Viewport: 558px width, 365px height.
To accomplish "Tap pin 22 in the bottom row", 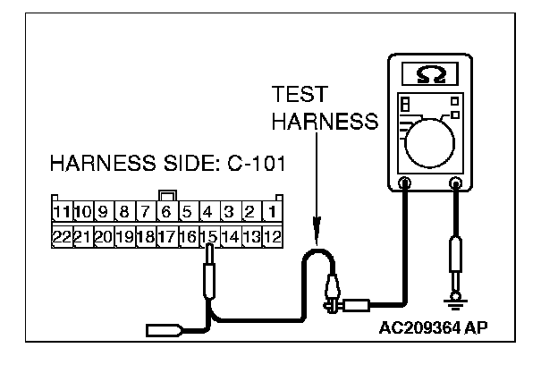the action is click(61, 237).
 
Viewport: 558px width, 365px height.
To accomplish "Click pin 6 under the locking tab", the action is click(167, 214).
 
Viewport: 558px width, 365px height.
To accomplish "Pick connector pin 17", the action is click(167, 237).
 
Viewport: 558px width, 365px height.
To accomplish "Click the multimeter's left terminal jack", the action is click(405, 185).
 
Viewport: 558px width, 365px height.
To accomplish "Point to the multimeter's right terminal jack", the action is click(457, 185).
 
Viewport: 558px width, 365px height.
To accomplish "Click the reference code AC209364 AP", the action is click(434, 327).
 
